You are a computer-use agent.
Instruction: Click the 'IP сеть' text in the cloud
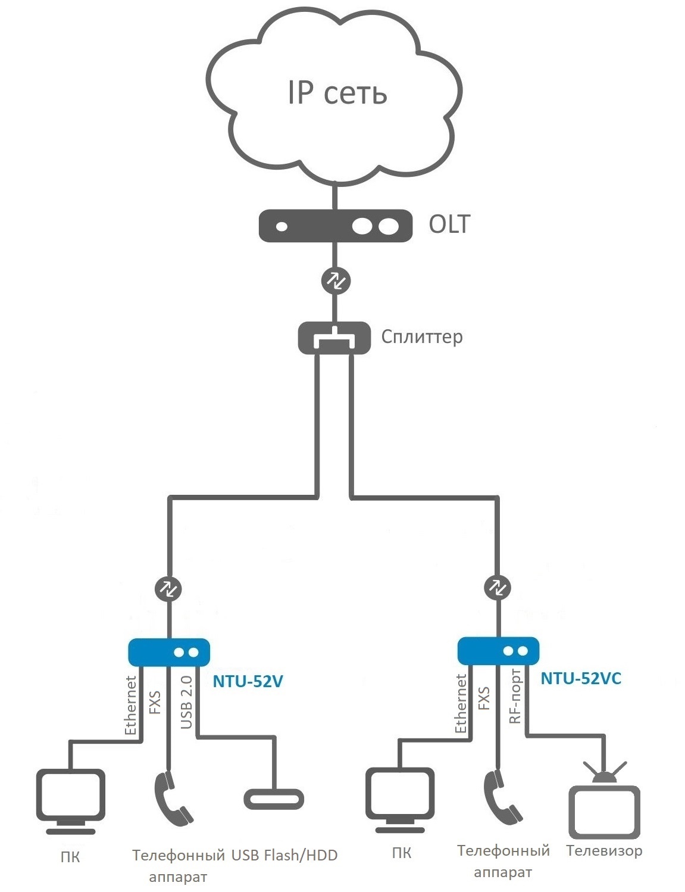337,93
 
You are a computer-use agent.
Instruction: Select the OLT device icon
336,226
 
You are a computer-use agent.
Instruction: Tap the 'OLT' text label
449,224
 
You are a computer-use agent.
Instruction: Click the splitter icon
334,338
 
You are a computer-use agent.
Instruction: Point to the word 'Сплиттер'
421,337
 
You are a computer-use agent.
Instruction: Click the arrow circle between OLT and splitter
336,280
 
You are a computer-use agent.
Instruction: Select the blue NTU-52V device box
169,652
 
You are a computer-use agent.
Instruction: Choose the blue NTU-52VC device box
498,651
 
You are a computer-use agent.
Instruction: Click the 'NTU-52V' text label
248,681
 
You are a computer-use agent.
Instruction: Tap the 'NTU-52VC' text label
581,678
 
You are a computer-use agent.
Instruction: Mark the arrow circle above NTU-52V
168,589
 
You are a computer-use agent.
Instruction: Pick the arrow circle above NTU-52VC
498,587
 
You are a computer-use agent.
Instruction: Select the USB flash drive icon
274,799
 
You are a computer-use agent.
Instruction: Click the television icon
605,807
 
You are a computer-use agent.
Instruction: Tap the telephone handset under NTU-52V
173,798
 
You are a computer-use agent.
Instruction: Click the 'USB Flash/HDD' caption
284,856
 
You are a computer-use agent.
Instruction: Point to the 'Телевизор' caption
604,850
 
